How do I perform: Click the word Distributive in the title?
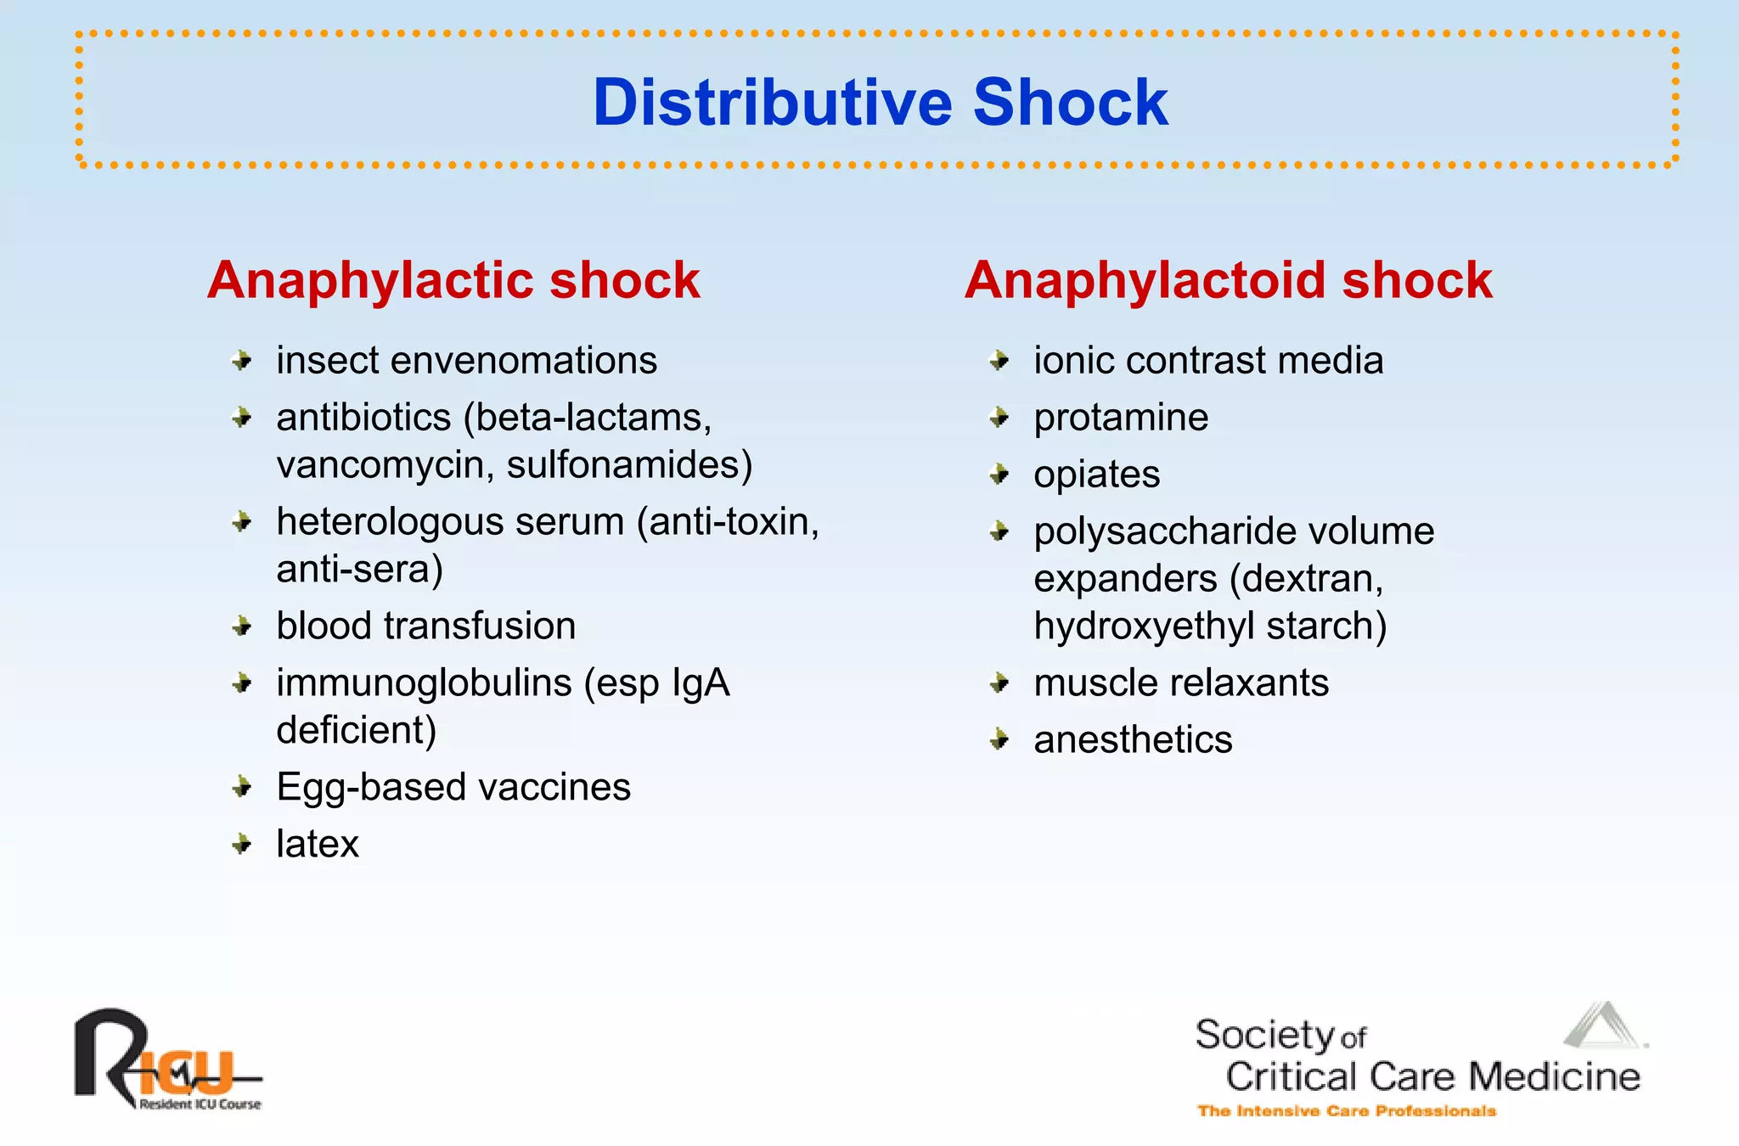click(x=773, y=103)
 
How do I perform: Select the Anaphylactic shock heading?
click(x=453, y=280)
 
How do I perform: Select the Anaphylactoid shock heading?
click(x=1228, y=280)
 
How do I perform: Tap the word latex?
click(x=318, y=844)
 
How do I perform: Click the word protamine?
click(x=1121, y=418)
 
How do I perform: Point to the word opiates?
click(x=1096, y=475)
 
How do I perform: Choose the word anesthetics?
click(x=1133, y=739)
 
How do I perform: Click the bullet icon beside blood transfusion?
click(x=243, y=626)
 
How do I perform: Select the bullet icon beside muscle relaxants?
click(x=1000, y=683)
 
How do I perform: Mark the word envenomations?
click(x=523, y=361)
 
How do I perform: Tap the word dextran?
click(x=1313, y=579)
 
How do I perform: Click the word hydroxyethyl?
click(x=1143, y=626)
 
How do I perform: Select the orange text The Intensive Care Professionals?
click(x=1346, y=1111)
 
